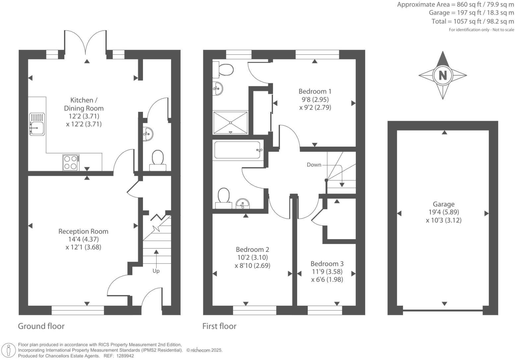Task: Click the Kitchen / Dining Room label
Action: coord(84,104)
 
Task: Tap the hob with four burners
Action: coord(71,163)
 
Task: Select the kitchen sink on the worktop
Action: coord(37,124)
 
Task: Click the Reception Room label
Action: coord(83,231)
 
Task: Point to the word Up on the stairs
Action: coord(156,271)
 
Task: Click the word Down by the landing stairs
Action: coord(314,165)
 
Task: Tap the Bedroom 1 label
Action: coord(315,91)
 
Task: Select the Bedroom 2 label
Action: coord(252,249)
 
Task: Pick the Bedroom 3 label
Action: coord(327,263)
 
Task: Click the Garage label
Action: coord(443,204)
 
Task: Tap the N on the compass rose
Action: coord(442,75)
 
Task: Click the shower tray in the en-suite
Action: coord(230,122)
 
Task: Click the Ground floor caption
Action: coord(41,326)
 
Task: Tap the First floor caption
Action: coord(219,326)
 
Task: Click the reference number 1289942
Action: coord(124,356)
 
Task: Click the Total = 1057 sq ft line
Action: coord(473,21)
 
